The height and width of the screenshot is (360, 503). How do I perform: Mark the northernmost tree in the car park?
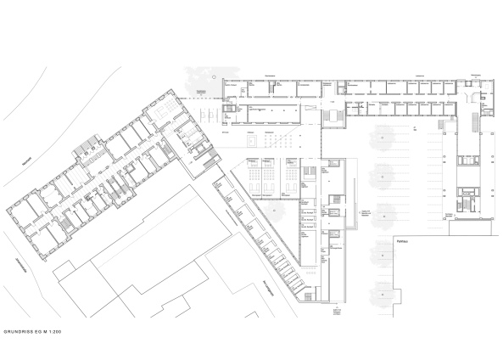click(381, 135)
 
